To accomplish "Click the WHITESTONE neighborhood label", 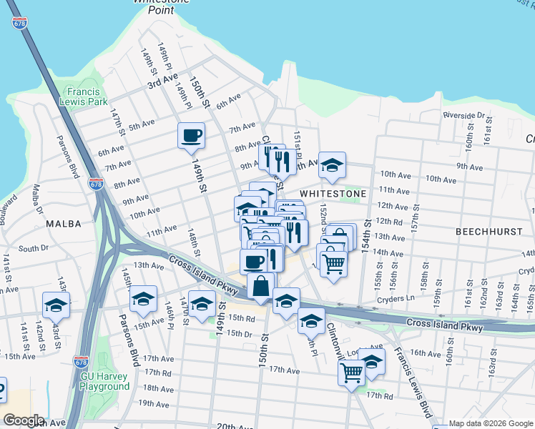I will point(333,194).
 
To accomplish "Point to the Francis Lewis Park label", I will point(87,97).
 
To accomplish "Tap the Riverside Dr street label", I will point(463,114).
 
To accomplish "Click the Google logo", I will point(24,420).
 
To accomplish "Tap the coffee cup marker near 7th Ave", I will point(191,136).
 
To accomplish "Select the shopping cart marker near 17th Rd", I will point(351,373).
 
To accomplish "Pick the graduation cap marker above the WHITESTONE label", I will point(332,165).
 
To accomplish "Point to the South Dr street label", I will point(33,249).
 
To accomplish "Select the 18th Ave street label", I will point(158,388).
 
